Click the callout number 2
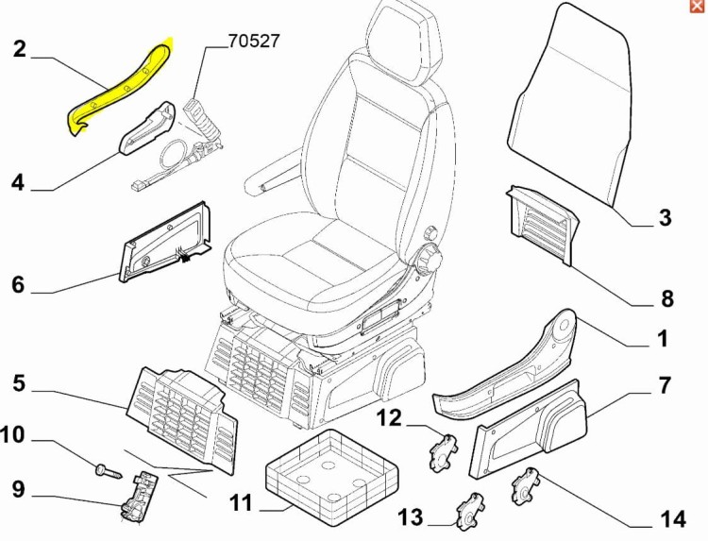pyautogui.click(x=20, y=49)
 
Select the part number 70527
pyautogui.click(x=254, y=42)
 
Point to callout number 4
pyautogui.click(x=18, y=183)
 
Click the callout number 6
pyautogui.click(x=18, y=285)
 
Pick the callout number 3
pyautogui.click(x=666, y=218)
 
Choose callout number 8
pyautogui.click(x=667, y=299)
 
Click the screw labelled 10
pyautogui.click(x=110, y=471)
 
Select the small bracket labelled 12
pyautogui.click(x=442, y=453)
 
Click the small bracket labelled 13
pyautogui.click(x=470, y=512)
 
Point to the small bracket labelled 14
pyautogui.click(x=525, y=486)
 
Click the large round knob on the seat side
pyautogui.click(x=428, y=260)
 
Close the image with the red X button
pyautogui.click(x=698, y=7)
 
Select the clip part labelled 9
pyautogui.click(x=138, y=497)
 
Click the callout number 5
pyautogui.click(x=19, y=384)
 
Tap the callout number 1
pyautogui.click(x=663, y=339)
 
